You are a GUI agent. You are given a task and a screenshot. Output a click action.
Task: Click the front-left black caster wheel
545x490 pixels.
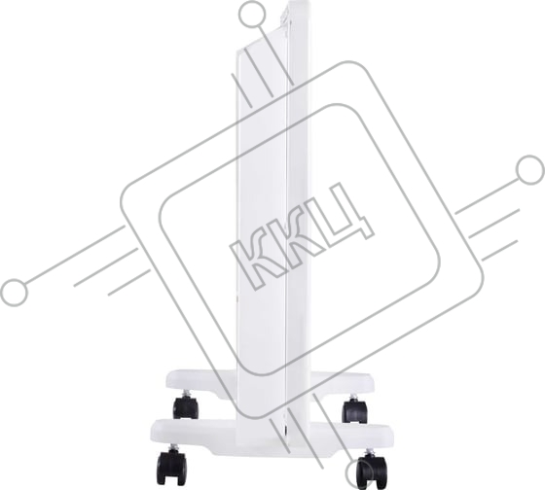coord(171,467)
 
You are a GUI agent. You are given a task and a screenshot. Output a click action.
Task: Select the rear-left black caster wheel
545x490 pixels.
coord(186,407)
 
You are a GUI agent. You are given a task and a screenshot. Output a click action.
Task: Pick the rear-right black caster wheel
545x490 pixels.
coord(354,411)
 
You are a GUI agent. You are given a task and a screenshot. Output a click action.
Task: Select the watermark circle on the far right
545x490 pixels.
coord(530,170)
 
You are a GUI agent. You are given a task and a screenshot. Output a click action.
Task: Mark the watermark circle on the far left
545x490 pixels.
coord(15,293)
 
